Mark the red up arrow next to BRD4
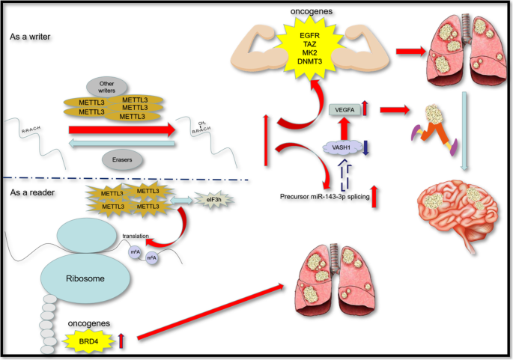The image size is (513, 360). click(x=121, y=341)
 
